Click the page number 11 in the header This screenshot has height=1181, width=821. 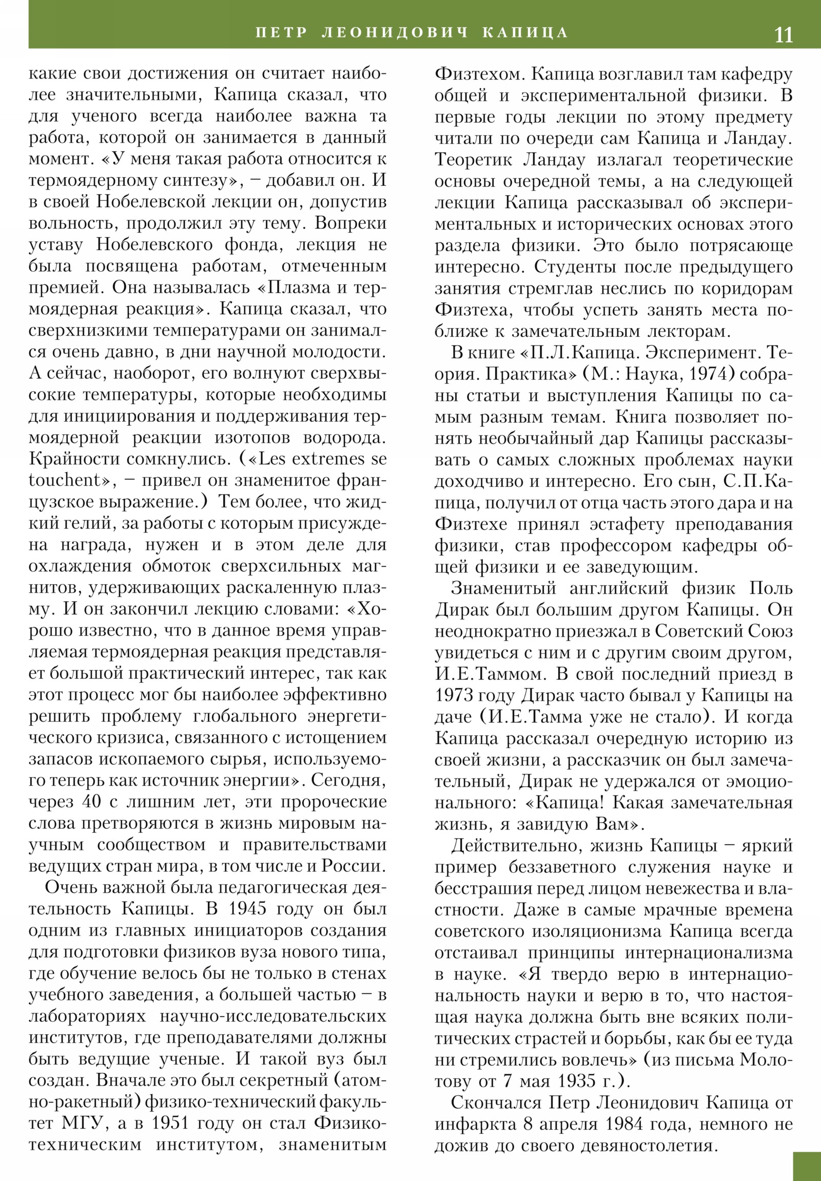[783, 34]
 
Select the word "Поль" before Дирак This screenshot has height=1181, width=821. [771, 588]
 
